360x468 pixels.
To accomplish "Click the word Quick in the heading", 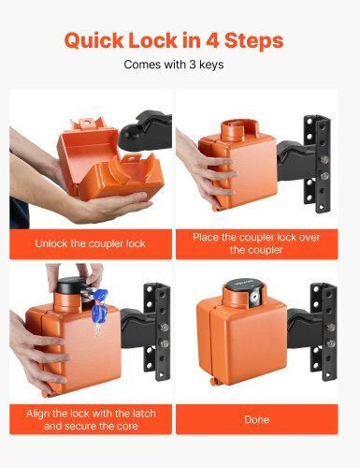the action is [x=94, y=41].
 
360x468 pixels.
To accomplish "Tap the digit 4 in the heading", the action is [x=212, y=40].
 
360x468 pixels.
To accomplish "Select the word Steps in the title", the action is [x=253, y=41].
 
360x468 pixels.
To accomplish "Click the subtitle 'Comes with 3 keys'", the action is [x=174, y=65].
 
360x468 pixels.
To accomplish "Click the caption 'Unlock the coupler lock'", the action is [x=90, y=243].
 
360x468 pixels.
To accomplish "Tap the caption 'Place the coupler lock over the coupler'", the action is [x=256, y=243].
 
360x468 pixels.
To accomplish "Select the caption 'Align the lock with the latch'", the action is [x=91, y=414].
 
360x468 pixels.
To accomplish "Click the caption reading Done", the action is [x=256, y=419].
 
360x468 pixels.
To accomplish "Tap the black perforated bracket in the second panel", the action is [x=317, y=165].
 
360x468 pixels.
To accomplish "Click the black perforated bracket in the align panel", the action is [x=157, y=331].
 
